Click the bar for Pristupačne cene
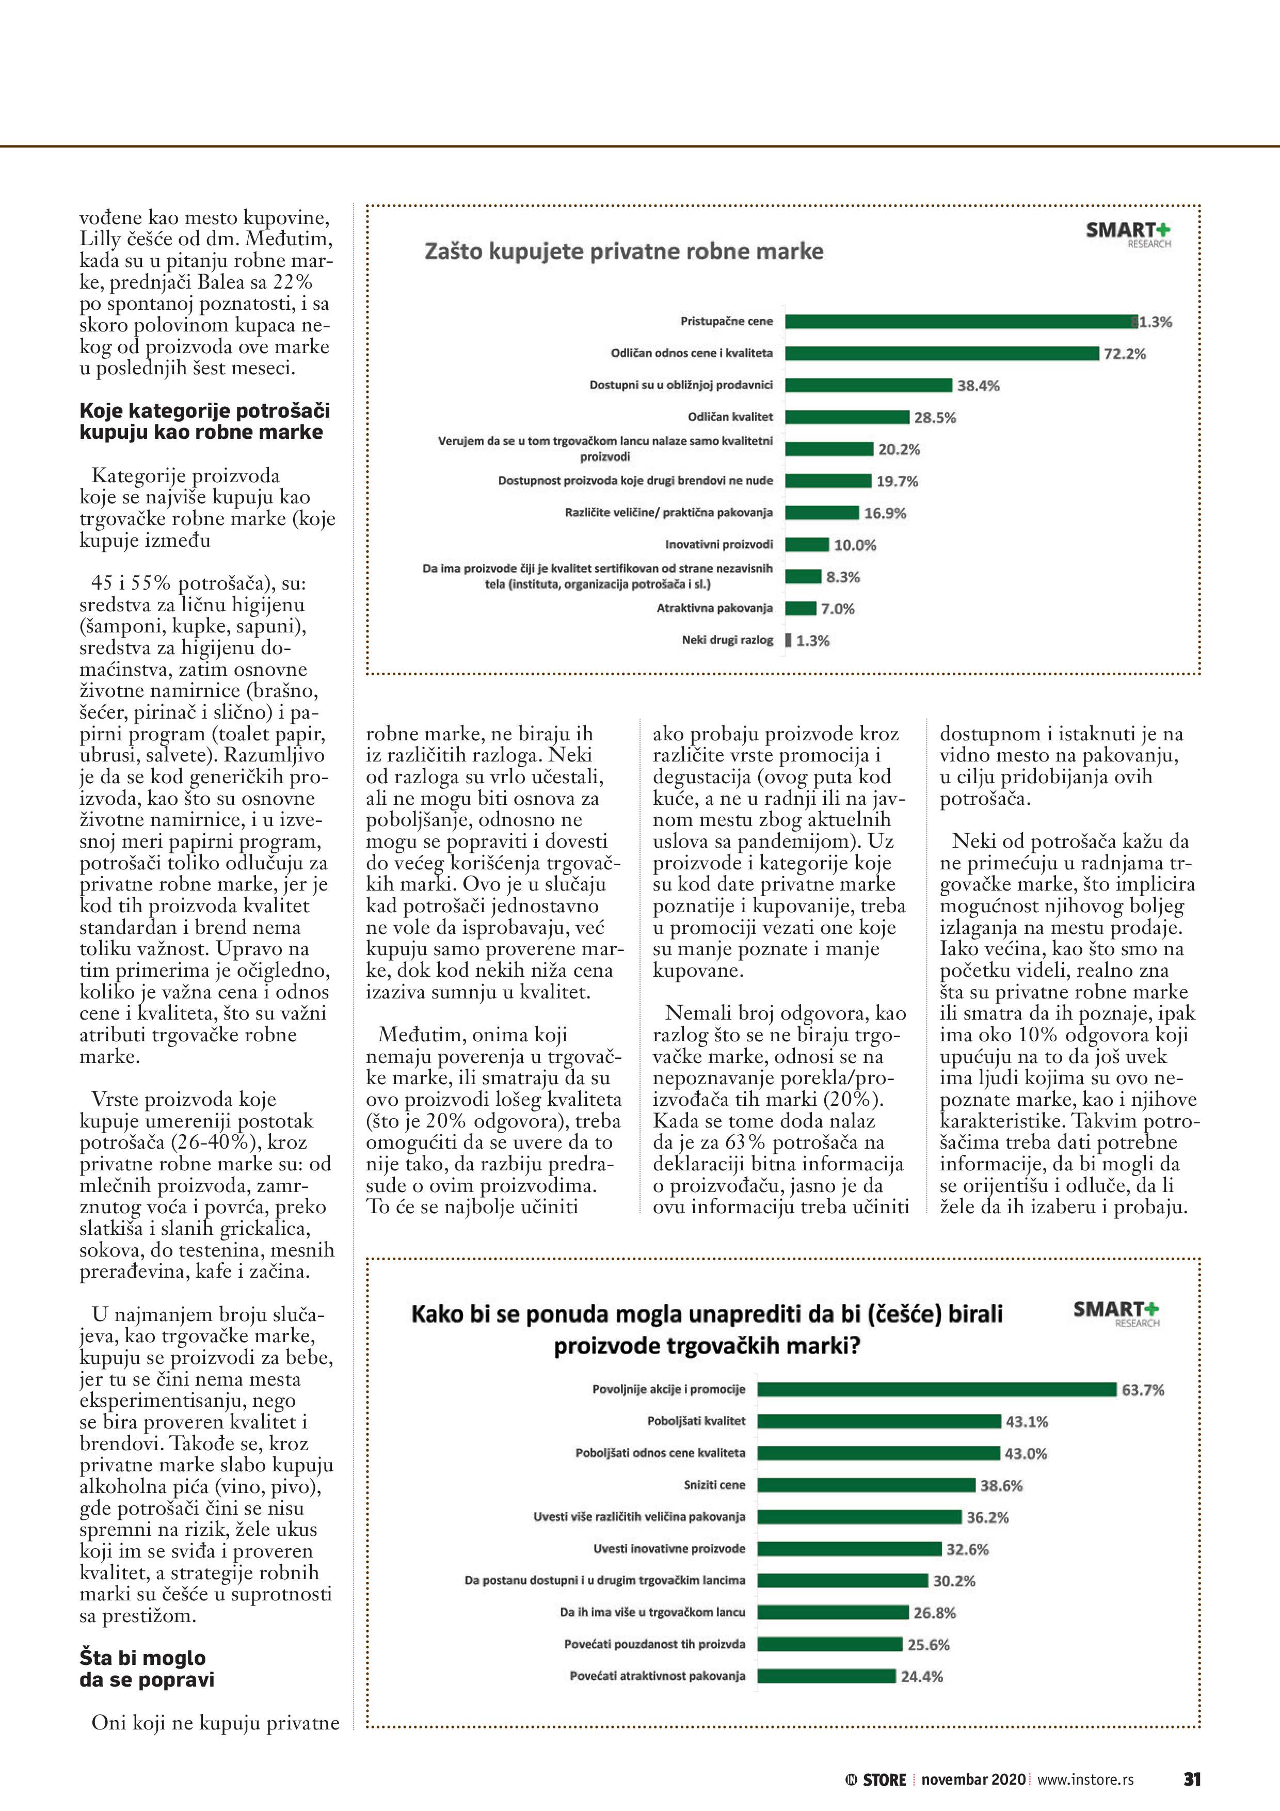point(961,321)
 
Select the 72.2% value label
point(1125,354)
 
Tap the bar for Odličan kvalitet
point(847,417)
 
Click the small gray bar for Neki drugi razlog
point(788,641)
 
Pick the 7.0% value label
point(838,609)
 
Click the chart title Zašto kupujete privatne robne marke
point(624,251)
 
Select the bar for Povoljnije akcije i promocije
point(937,1389)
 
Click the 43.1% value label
point(1027,1421)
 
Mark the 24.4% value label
point(921,1676)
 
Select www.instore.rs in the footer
point(1085,1780)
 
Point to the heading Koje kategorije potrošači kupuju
point(204,421)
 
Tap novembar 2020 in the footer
point(973,1780)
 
